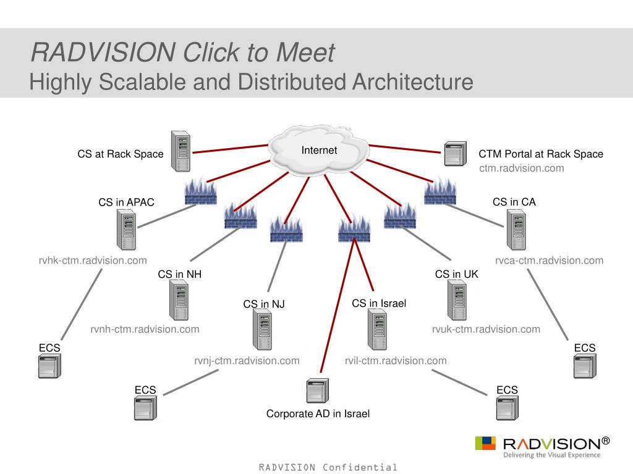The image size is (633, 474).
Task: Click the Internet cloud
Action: (x=318, y=151)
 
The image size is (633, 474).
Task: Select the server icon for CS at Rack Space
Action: (x=181, y=151)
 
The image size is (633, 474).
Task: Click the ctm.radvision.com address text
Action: (x=522, y=168)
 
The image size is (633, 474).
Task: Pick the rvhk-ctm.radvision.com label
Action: (x=93, y=260)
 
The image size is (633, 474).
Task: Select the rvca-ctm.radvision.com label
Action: (x=549, y=260)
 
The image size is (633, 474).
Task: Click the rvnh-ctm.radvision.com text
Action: (x=145, y=329)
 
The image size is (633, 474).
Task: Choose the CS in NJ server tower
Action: (x=262, y=329)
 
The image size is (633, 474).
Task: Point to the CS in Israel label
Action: (x=379, y=303)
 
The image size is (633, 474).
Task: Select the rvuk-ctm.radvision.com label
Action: (x=486, y=329)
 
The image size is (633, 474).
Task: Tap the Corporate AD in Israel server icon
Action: (x=318, y=391)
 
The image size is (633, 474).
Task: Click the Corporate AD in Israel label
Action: (x=318, y=414)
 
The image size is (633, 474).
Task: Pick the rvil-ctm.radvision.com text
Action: (x=396, y=360)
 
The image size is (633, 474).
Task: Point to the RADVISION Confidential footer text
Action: (x=328, y=467)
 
